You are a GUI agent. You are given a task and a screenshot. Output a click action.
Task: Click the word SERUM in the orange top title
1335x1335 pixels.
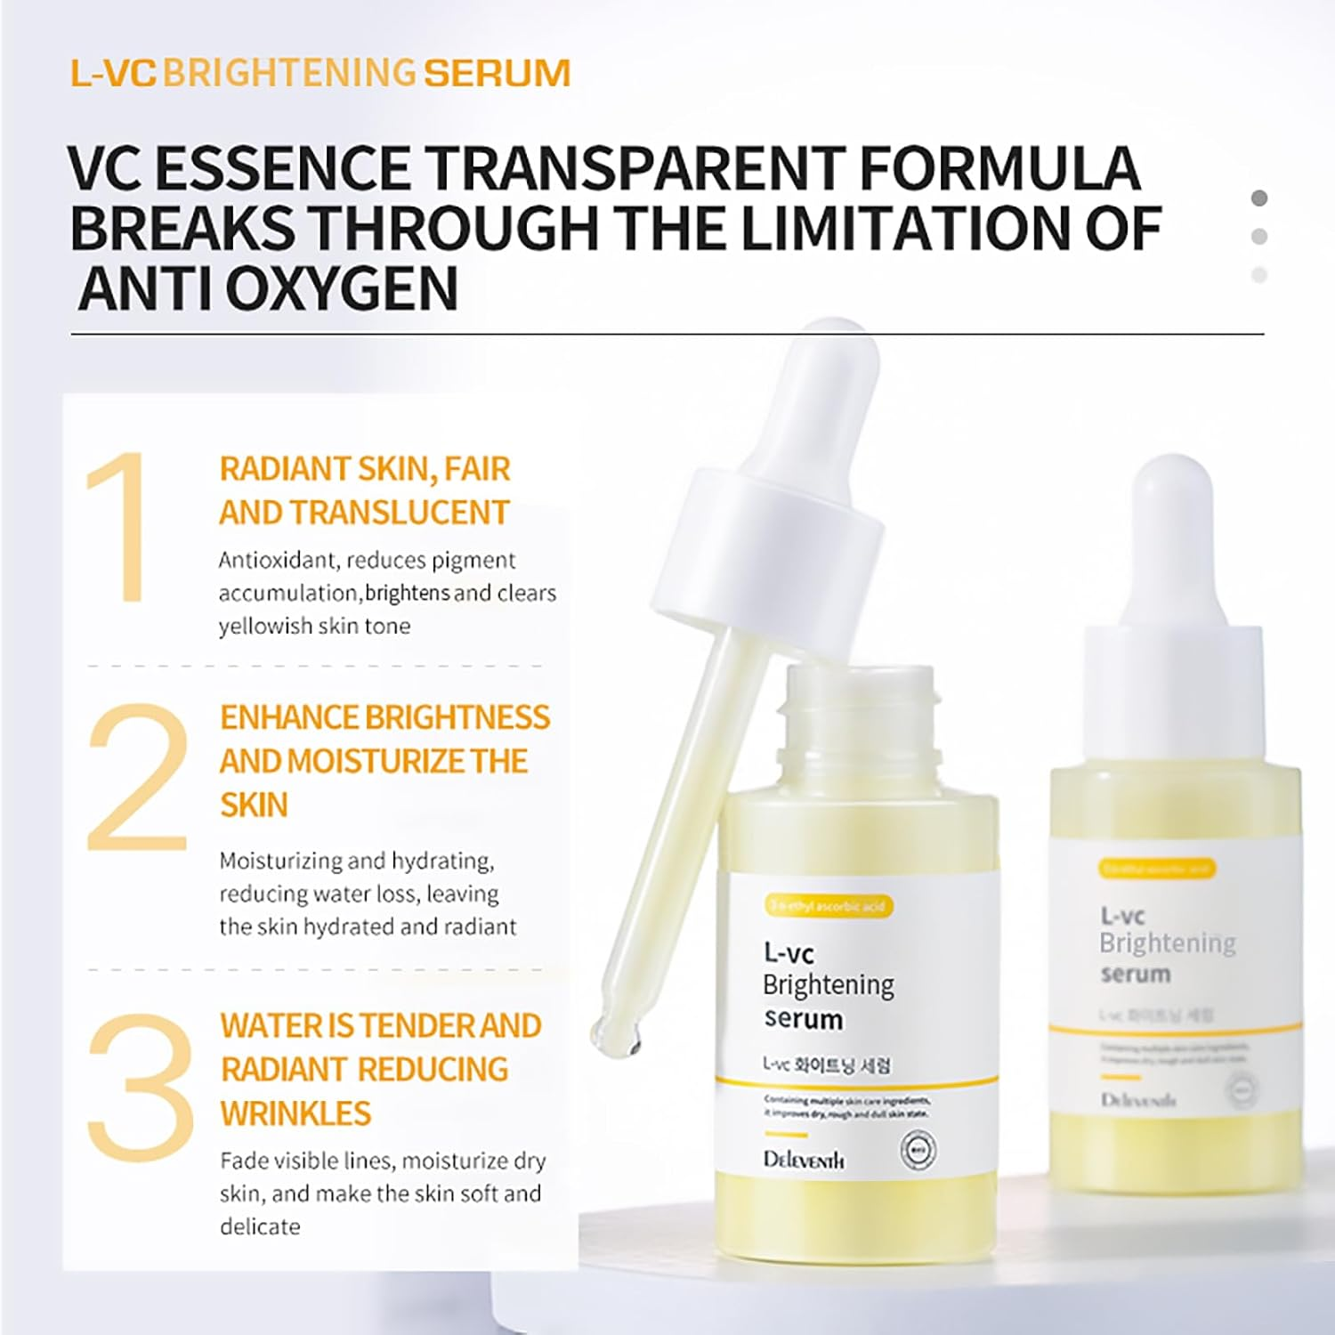[497, 73]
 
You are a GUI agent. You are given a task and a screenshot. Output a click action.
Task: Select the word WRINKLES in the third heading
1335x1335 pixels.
[295, 1113]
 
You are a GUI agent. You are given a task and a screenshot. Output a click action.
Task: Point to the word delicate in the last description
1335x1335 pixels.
[260, 1226]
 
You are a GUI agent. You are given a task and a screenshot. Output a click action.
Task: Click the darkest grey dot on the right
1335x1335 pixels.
[1258, 198]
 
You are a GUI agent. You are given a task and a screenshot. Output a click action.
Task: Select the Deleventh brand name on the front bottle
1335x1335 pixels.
[804, 1160]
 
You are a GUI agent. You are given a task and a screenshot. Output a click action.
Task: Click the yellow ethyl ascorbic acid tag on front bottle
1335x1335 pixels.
[829, 907]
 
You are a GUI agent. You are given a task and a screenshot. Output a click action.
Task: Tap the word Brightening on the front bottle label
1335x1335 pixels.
[828, 985]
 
